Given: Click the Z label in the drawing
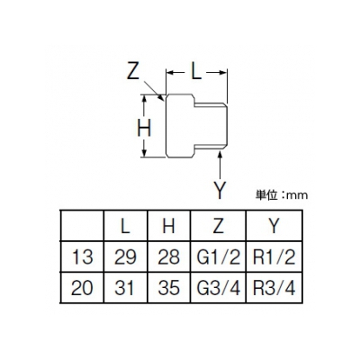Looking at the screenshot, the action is pyautogui.click(x=133, y=71).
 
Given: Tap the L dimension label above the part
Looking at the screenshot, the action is pyautogui.click(x=196, y=72).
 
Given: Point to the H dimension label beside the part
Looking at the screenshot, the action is pyautogui.click(x=144, y=129).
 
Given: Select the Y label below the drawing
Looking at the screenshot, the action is pyautogui.click(x=220, y=191).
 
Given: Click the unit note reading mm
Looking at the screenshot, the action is pyautogui.click(x=297, y=195).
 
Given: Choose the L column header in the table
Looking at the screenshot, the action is pyautogui.click(x=125, y=226).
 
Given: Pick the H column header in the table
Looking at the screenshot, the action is pyautogui.click(x=168, y=226).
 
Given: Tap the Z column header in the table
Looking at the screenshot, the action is pyautogui.click(x=218, y=226).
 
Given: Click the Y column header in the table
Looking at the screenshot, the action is pyautogui.click(x=274, y=226).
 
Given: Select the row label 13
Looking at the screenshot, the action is pyautogui.click(x=82, y=257).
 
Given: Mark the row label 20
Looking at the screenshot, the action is pyautogui.click(x=82, y=288).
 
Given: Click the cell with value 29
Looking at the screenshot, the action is pyautogui.click(x=125, y=257).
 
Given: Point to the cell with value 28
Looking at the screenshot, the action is pyautogui.click(x=168, y=257).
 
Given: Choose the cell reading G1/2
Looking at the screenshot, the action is pyautogui.click(x=219, y=257).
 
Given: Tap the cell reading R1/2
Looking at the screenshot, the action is pyautogui.click(x=274, y=257).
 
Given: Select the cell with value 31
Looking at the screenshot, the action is pyautogui.click(x=124, y=288).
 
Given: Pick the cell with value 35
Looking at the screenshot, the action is pyautogui.click(x=168, y=288).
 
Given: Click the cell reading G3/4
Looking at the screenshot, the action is pyautogui.click(x=219, y=288).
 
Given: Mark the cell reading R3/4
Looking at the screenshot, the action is pyautogui.click(x=274, y=288).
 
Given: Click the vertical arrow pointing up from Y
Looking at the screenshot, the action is pyautogui.click(x=220, y=166).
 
